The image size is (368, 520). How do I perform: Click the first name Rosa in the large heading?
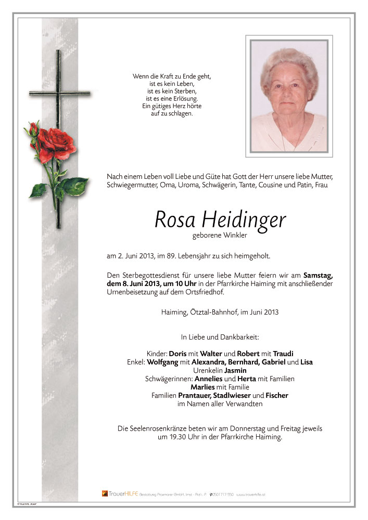click(x=173, y=220)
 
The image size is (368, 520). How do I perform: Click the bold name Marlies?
click(x=204, y=387)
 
